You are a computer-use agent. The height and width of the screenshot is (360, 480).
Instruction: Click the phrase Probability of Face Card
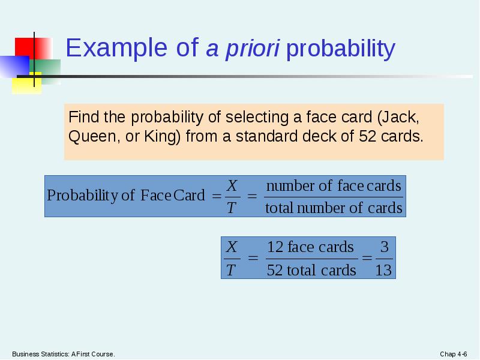point(125,196)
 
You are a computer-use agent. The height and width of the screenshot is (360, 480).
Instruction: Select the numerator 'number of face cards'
point(333,186)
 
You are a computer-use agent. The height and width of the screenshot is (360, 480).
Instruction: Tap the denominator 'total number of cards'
point(333,208)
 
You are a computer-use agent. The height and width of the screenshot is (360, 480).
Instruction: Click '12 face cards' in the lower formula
point(310,247)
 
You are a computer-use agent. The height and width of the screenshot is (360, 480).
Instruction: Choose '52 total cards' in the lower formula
point(311,270)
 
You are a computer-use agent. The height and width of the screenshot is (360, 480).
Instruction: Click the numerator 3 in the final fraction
point(384,247)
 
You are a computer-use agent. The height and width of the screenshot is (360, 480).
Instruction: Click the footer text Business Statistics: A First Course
point(63,354)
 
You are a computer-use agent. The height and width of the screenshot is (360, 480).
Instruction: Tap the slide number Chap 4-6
point(454,354)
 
